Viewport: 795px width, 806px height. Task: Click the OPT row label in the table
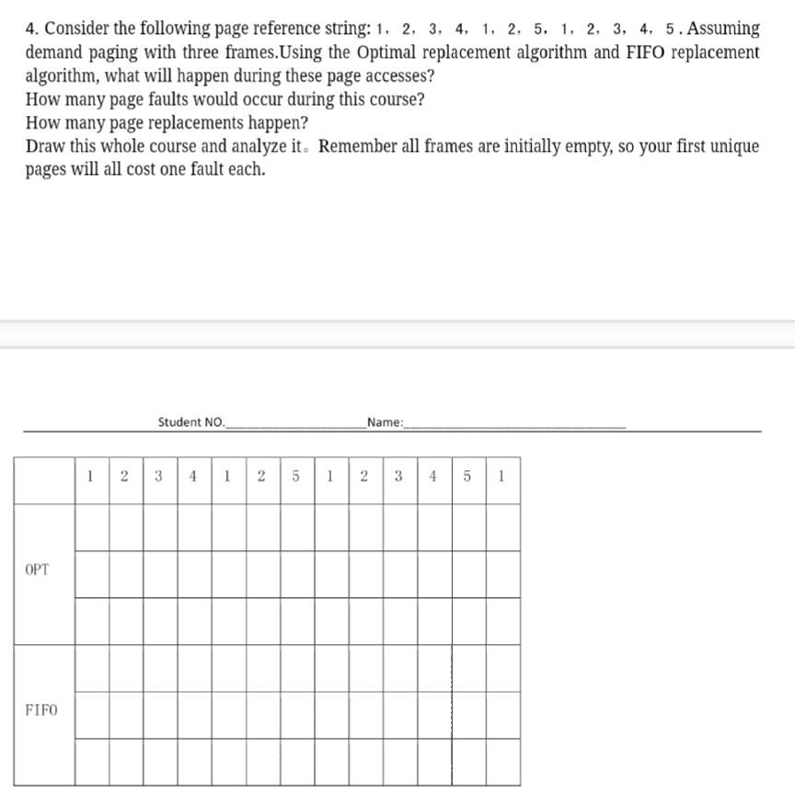38,570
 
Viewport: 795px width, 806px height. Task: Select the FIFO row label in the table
40,709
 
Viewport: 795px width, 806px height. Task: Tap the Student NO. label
190,422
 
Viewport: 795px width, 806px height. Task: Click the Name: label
385,422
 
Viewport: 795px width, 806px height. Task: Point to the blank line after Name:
514,426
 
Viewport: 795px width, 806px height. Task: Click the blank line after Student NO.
294,426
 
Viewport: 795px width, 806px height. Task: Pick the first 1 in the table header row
90,477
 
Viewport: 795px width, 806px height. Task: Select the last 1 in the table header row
501,477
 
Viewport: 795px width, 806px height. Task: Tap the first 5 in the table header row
295,477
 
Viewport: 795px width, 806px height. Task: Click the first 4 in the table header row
192,477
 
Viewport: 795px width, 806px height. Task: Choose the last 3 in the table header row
398,477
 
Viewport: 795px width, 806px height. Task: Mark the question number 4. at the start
33,29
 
